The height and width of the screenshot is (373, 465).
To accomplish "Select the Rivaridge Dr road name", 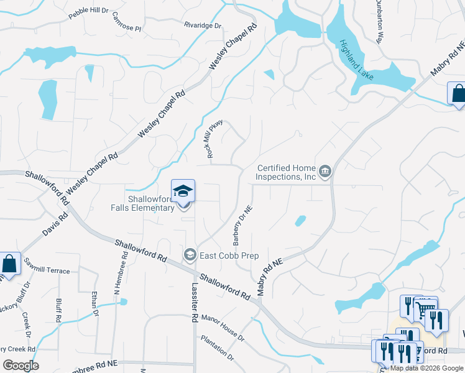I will (203, 25).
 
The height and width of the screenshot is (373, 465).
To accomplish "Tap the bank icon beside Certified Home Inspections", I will (325, 171).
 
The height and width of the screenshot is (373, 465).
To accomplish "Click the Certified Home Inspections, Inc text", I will (287, 172).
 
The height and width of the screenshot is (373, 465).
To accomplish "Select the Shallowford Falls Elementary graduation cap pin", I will (183, 191).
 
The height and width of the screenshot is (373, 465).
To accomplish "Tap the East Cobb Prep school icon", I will (190, 255).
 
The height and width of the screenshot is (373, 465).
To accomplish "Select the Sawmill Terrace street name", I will (47, 271).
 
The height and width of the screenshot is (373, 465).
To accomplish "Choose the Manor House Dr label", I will (223, 326).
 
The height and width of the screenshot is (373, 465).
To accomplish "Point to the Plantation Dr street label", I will (216, 349).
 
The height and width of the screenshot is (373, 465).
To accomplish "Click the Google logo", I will (21, 365).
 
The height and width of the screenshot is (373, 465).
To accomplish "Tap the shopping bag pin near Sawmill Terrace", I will (10, 264).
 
